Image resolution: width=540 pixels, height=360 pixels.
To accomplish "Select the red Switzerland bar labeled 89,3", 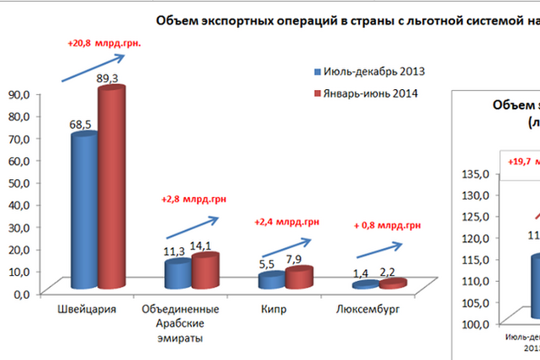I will pyautogui.click(x=110, y=178).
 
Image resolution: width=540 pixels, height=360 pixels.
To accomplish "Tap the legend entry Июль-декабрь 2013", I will pyautogui.click(x=369, y=71).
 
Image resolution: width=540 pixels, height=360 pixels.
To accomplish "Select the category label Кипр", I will pyautogui.click(x=273, y=309).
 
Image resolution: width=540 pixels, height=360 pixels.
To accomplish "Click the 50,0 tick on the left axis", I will pyautogui.click(x=19, y=182).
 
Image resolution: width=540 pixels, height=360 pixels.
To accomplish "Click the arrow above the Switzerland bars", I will pyautogui.click(x=93, y=69).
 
